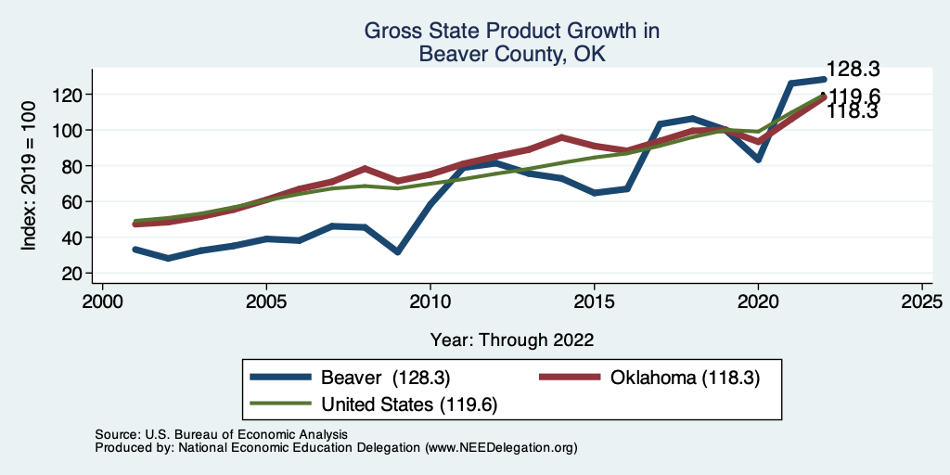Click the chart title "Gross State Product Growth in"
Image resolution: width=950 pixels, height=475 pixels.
[511, 31]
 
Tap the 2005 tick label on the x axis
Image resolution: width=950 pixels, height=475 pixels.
[266, 302]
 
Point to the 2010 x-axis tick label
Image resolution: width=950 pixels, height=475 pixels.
[430, 302]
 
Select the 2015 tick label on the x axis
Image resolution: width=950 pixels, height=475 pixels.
[594, 302]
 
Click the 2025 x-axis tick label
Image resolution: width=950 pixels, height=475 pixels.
[921, 302]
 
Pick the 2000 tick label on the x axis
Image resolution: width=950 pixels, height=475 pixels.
[102, 302]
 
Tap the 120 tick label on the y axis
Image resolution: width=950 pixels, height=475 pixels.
[71, 95]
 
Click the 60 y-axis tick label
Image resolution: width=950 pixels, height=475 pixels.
[74, 202]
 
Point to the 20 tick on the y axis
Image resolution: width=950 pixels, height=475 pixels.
[74, 274]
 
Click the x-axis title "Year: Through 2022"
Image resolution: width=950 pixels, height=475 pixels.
[511, 339]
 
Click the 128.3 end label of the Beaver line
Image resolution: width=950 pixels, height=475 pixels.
[854, 70]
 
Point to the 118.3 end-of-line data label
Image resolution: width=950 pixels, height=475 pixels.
[854, 112]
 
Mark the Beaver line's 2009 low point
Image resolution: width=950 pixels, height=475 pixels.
[397, 251]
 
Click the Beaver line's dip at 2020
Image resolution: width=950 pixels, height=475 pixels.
[758, 159]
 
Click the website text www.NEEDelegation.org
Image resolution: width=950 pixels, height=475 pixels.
[501, 447]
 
